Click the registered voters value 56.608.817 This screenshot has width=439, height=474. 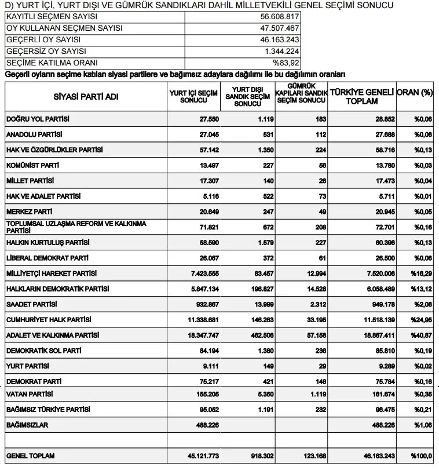(280, 17)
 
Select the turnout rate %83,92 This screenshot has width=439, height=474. (287, 63)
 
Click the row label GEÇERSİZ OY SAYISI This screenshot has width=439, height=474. (43, 52)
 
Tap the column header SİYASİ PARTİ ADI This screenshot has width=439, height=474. (86, 97)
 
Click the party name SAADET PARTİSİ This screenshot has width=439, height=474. (32, 304)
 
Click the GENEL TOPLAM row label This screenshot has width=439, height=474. (30, 456)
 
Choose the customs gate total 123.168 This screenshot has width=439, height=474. (314, 456)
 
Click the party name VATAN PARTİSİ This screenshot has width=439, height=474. (29, 394)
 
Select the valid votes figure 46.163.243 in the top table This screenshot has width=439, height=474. (280, 40)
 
